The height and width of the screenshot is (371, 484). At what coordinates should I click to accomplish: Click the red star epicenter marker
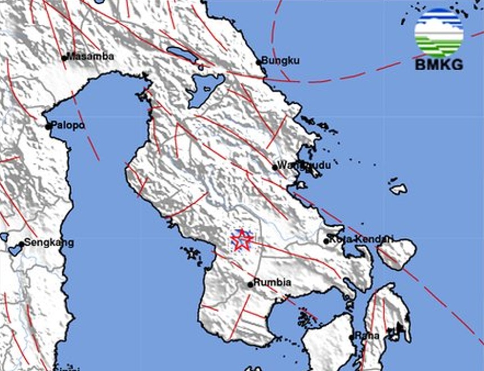coord(242,240)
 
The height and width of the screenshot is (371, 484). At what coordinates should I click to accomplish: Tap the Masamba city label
coord(91,56)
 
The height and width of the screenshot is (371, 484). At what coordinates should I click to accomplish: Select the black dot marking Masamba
coord(65,58)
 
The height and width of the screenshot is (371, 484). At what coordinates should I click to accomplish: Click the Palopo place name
coord(69,125)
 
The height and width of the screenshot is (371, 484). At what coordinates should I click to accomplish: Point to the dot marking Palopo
coord(49,126)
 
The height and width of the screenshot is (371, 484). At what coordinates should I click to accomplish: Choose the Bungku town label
coord(281,61)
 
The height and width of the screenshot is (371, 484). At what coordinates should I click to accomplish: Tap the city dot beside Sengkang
coord(21,244)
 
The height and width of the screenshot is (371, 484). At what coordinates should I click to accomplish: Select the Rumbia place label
coord(272,282)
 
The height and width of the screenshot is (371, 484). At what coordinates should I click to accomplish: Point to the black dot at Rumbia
coord(250,284)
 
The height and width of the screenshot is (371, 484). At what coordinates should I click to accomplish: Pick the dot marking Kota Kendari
coord(326,241)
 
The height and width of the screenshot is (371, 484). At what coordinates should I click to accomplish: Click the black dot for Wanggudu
coord(275,167)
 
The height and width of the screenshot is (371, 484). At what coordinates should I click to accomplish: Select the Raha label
coord(368,336)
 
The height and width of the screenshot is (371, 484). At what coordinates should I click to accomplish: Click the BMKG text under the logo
coord(439,64)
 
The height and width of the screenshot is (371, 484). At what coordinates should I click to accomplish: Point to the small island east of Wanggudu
coord(398,189)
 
